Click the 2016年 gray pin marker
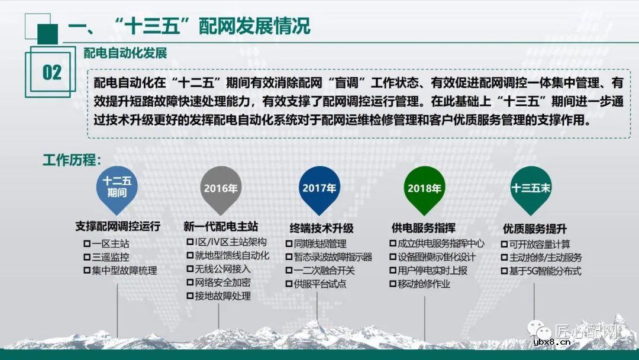pyautogui.click(x=220, y=188)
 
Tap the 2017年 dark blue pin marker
pyautogui.click(x=319, y=188)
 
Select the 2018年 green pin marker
pyautogui.click(x=424, y=188)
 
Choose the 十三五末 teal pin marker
pyautogui.click(x=531, y=188)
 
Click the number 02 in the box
pyautogui.click(x=51, y=73)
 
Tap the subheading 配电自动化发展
pyautogui.click(x=125, y=53)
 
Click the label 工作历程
pyautogui.click(x=72, y=160)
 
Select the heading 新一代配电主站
pyautogui.click(x=221, y=227)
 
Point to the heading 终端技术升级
pyautogui.click(x=321, y=228)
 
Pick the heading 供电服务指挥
pyautogui.click(x=423, y=228)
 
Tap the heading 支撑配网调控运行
pyautogui.click(x=118, y=227)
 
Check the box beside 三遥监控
pyautogui.click(x=86, y=258)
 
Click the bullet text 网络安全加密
pyautogui.click(x=222, y=282)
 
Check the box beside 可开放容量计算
pyautogui.click(x=505, y=244)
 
